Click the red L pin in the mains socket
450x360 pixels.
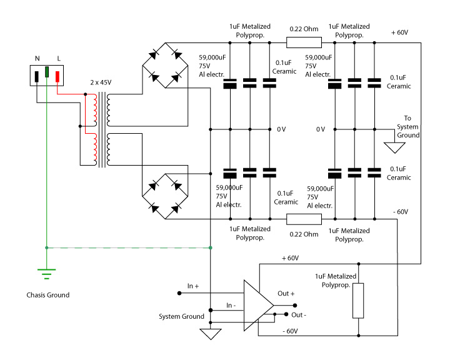[57, 77]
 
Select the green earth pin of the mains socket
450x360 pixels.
[47, 72]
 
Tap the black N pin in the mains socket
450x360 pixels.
[36, 77]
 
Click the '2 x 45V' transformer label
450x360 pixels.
[101, 82]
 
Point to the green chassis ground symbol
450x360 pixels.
[46, 274]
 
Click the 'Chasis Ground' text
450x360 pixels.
[48, 295]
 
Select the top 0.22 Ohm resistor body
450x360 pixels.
[304, 42]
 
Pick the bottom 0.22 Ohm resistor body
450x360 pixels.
[304, 219]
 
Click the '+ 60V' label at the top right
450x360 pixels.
[399, 32]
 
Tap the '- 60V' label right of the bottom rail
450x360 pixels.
[401, 212]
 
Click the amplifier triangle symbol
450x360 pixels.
[259, 306]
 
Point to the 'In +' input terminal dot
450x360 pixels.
[179, 293]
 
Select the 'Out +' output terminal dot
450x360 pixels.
[295, 306]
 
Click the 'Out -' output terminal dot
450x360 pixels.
[286, 314]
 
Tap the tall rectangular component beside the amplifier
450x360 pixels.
[358, 301]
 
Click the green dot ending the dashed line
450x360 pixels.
[211, 247]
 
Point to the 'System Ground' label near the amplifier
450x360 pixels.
[181, 316]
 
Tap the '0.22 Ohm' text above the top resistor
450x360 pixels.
[304, 29]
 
